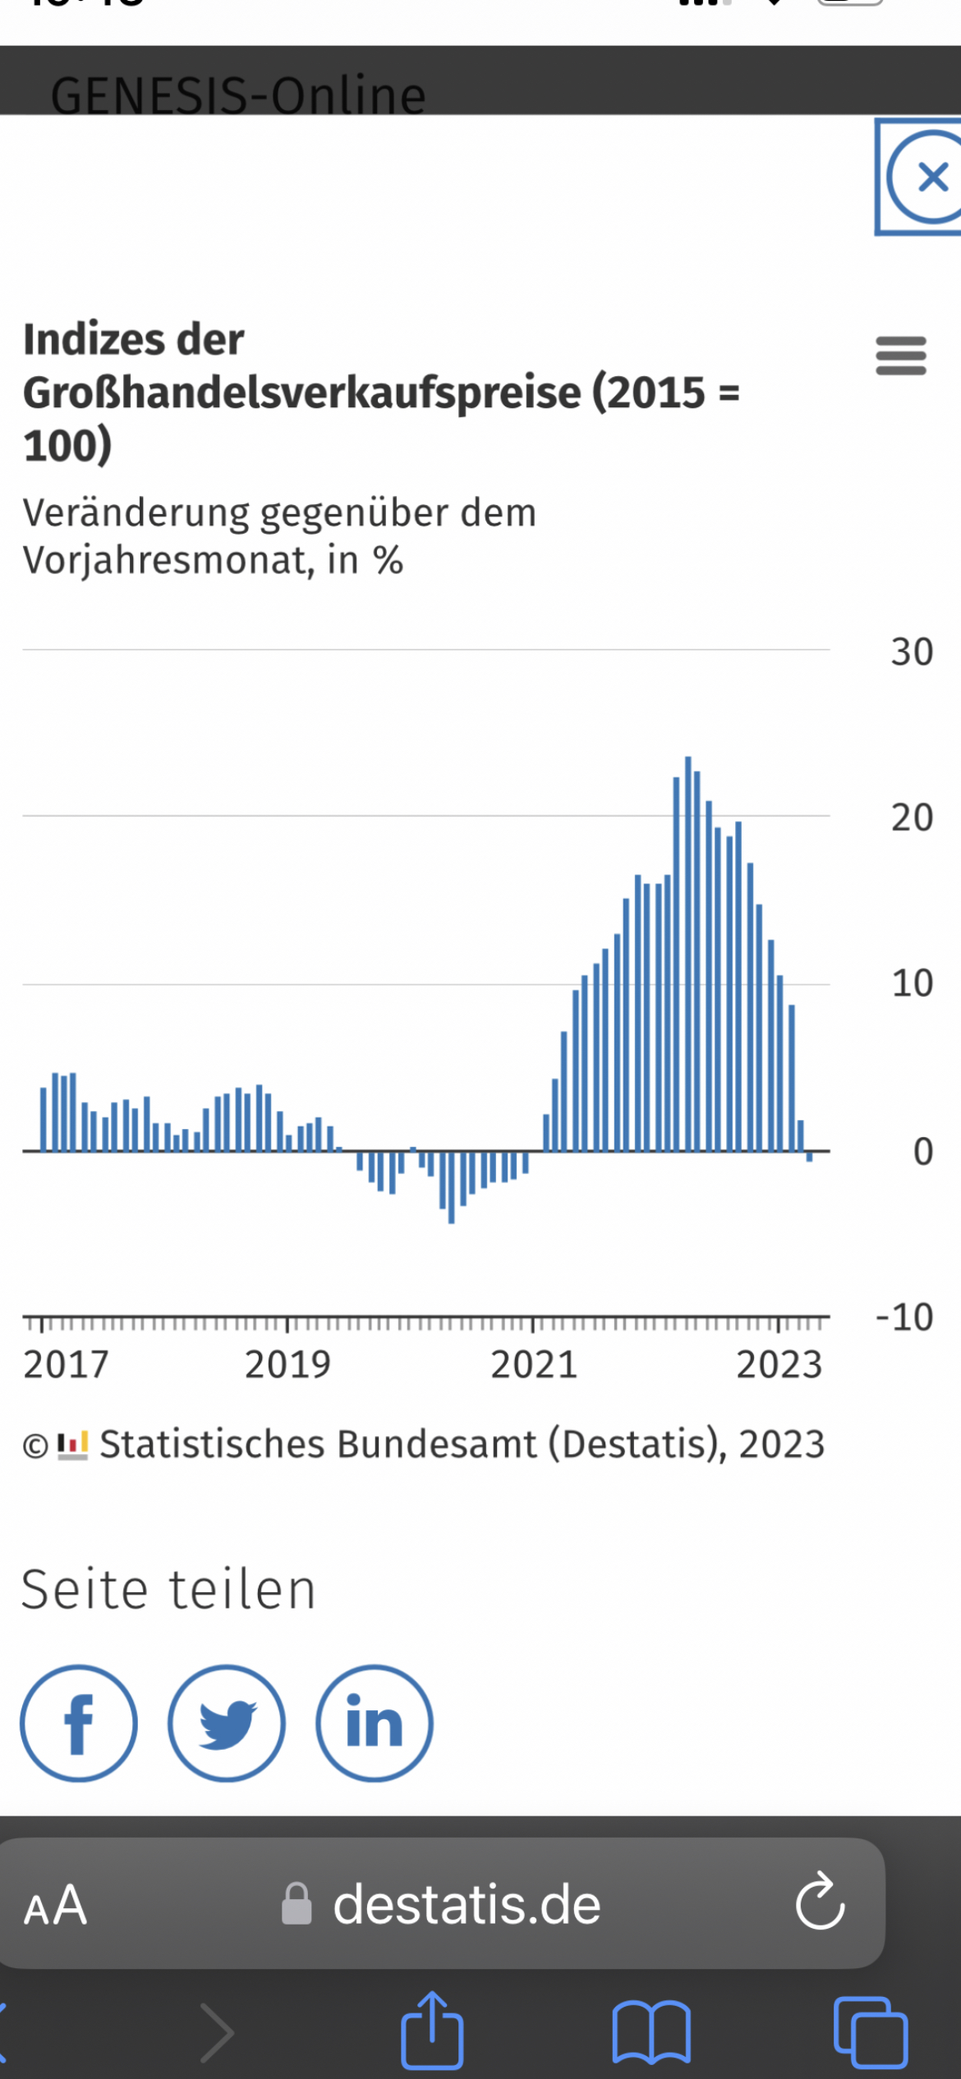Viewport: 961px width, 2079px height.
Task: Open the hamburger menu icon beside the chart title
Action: (901, 356)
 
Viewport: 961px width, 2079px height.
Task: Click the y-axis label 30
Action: (912, 652)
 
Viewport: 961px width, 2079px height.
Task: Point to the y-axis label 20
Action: (912, 818)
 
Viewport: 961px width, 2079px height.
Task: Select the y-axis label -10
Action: (904, 1317)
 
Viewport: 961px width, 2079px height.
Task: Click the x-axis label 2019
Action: (287, 1365)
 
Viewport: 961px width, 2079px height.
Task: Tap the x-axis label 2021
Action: (534, 1365)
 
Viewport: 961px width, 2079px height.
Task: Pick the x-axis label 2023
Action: (779, 1365)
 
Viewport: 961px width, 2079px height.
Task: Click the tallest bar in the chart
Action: (688, 952)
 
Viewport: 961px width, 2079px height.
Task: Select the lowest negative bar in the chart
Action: (452, 1187)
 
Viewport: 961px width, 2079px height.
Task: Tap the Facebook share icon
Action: (79, 1723)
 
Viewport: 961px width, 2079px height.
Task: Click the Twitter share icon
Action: (227, 1723)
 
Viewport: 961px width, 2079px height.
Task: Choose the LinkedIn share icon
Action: (375, 1723)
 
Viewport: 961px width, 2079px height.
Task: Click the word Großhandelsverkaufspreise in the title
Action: (301, 392)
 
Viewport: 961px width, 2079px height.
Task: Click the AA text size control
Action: (56, 1905)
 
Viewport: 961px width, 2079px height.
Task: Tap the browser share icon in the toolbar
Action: (432, 2030)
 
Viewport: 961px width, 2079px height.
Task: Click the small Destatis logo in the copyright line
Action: (72, 1445)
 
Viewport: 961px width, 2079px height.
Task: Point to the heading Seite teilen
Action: (168, 1590)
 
